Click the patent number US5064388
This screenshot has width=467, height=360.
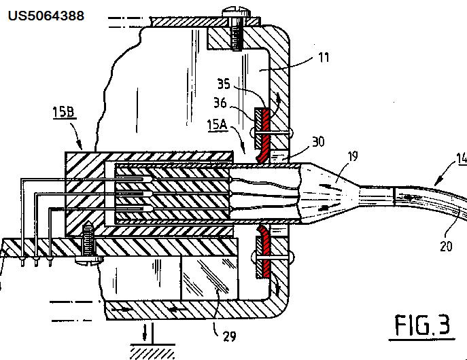point(46,16)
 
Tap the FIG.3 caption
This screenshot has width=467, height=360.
point(422,325)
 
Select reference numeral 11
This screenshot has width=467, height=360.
point(324,58)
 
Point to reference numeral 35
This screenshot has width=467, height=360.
point(224,84)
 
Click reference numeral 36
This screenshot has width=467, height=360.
point(220,103)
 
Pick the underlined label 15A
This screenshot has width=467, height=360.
point(218,125)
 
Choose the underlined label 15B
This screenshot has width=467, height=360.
point(63,112)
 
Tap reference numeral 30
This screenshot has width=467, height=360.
point(318,141)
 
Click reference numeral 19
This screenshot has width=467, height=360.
point(353,156)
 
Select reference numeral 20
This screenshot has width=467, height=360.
point(446,247)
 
